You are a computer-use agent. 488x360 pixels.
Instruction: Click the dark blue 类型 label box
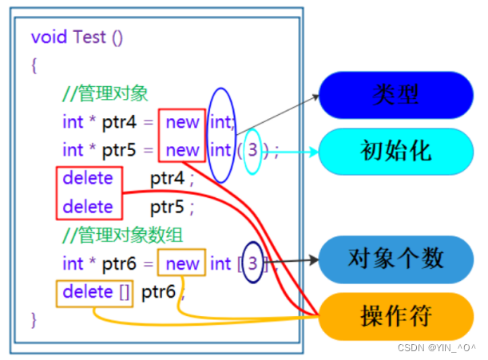coord(395,93)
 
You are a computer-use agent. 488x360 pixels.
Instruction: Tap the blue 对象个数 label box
coord(395,259)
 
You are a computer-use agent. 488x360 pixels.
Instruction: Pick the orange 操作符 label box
coord(395,316)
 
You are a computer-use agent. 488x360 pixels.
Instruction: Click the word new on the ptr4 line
coord(183,122)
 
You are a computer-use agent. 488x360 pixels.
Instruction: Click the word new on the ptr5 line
coord(183,150)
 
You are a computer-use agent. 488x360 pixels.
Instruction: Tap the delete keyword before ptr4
coord(88,178)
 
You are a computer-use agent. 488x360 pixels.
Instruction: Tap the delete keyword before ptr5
coord(88,207)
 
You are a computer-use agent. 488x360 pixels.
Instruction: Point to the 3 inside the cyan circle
coord(252,150)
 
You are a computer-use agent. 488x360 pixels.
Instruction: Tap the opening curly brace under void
coord(34,65)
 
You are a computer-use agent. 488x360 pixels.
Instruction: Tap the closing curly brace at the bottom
coord(34,320)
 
